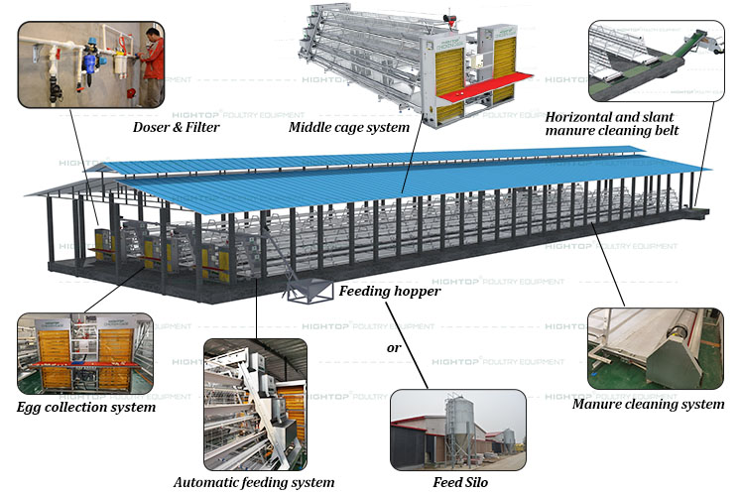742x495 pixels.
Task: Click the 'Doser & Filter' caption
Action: tap(177, 127)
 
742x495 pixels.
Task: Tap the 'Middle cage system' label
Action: tap(348, 127)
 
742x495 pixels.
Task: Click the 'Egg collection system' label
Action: tap(86, 407)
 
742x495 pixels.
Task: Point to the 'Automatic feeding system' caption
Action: tap(254, 482)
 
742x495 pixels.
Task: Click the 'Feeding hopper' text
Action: tap(390, 292)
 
